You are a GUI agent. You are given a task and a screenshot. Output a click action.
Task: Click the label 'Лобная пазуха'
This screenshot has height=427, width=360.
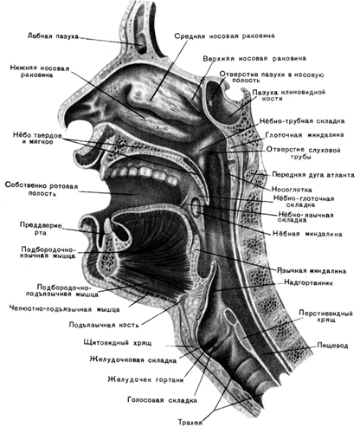click(x=53, y=36)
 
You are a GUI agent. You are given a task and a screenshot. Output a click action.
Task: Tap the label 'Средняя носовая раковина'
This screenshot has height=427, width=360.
click(x=224, y=36)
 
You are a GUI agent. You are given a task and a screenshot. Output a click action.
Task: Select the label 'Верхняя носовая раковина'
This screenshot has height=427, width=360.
click(x=254, y=59)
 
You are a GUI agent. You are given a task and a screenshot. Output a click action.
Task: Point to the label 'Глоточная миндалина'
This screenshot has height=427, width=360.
click(x=305, y=135)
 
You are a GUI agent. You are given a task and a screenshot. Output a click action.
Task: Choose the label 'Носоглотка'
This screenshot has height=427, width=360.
click(x=292, y=190)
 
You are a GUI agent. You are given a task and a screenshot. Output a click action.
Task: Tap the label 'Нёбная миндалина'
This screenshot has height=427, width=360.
click(x=307, y=234)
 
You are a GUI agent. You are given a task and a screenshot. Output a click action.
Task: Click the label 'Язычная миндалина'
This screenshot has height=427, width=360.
click(x=312, y=271)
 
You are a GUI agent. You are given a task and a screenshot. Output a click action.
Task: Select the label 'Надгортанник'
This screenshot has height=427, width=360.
click(x=308, y=282)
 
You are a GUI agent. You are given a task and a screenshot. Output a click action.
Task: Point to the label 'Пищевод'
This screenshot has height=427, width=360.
click(x=332, y=346)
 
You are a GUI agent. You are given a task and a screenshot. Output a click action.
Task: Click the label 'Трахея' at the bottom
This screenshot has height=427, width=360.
click(x=190, y=423)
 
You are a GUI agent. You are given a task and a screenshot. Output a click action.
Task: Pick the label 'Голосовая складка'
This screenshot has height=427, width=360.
click(x=162, y=400)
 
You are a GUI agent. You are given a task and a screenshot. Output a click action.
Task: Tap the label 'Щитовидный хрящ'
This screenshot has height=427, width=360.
click(x=118, y=343)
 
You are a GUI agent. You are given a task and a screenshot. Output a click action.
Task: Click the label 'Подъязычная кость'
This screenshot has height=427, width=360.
click(x=104, y=325)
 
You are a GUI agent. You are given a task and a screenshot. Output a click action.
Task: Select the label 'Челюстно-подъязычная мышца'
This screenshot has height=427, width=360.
click(x=64, y=309)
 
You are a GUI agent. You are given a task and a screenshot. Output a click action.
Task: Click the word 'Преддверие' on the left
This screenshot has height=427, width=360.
click(x=41, y=225)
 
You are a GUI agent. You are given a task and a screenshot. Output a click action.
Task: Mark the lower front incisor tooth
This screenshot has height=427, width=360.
click(x=107, y=226)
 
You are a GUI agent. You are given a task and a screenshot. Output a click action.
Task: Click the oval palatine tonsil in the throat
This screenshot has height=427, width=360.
click(x=196, y=207)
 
